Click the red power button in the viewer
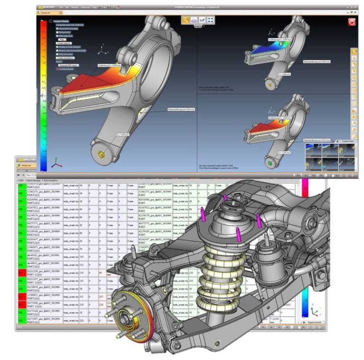[352, 22]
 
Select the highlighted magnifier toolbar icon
[186, 20]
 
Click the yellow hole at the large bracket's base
[100, 154]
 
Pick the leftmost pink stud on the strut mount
[203, 214]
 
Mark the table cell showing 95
[101, 273]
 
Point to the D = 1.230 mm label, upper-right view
[283, 74]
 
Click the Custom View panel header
[350, 141]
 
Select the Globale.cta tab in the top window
[48, 14]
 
